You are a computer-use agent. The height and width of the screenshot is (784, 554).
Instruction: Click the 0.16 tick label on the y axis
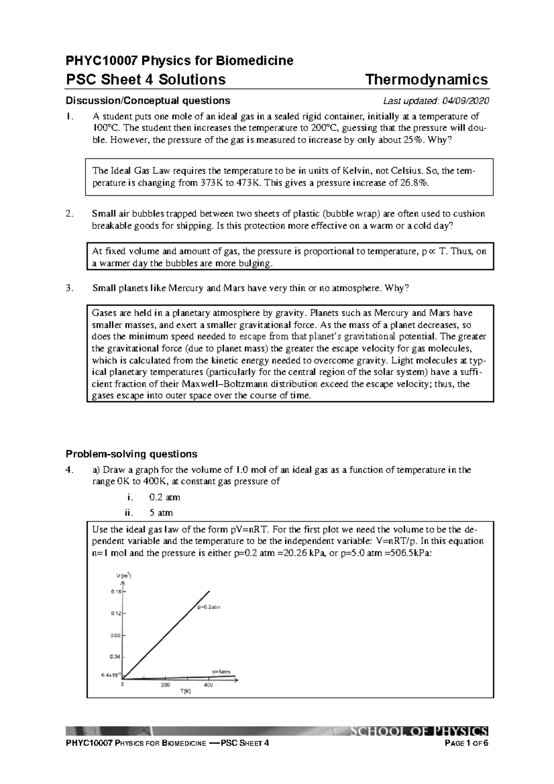click(x=115, y=591)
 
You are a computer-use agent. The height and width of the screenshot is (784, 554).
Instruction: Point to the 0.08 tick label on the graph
click(x=115, y=635)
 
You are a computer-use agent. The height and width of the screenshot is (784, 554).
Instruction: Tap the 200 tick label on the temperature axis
click(x=165, y=685)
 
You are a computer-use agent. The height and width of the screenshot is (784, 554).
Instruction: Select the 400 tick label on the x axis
click(x=208, y=685)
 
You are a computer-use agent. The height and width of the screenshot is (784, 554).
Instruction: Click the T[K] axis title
click(x=185, y=692)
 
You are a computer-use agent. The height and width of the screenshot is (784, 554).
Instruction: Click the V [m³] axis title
click(x=124, y=576)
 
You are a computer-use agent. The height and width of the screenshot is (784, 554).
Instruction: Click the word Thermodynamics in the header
click(x=427, y=79)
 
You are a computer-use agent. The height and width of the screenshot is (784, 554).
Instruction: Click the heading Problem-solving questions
click(x=132, y=453)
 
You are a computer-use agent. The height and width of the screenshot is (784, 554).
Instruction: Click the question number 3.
click(x=69, y=288)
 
